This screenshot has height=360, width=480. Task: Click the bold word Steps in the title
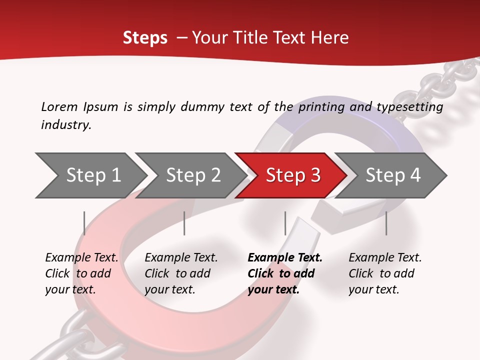coord(145,38)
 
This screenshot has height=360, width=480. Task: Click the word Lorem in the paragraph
coord(59,106)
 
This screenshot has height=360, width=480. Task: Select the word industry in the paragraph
coord(65,124)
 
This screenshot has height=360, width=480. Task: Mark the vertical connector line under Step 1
coord(84,223)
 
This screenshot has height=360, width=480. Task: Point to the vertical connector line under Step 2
coord(184,223)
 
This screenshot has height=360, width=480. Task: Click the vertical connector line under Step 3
coord(285,223)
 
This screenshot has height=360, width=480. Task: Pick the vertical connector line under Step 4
coord(386,223)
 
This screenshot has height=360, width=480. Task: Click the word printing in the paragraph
coord(319,107)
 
